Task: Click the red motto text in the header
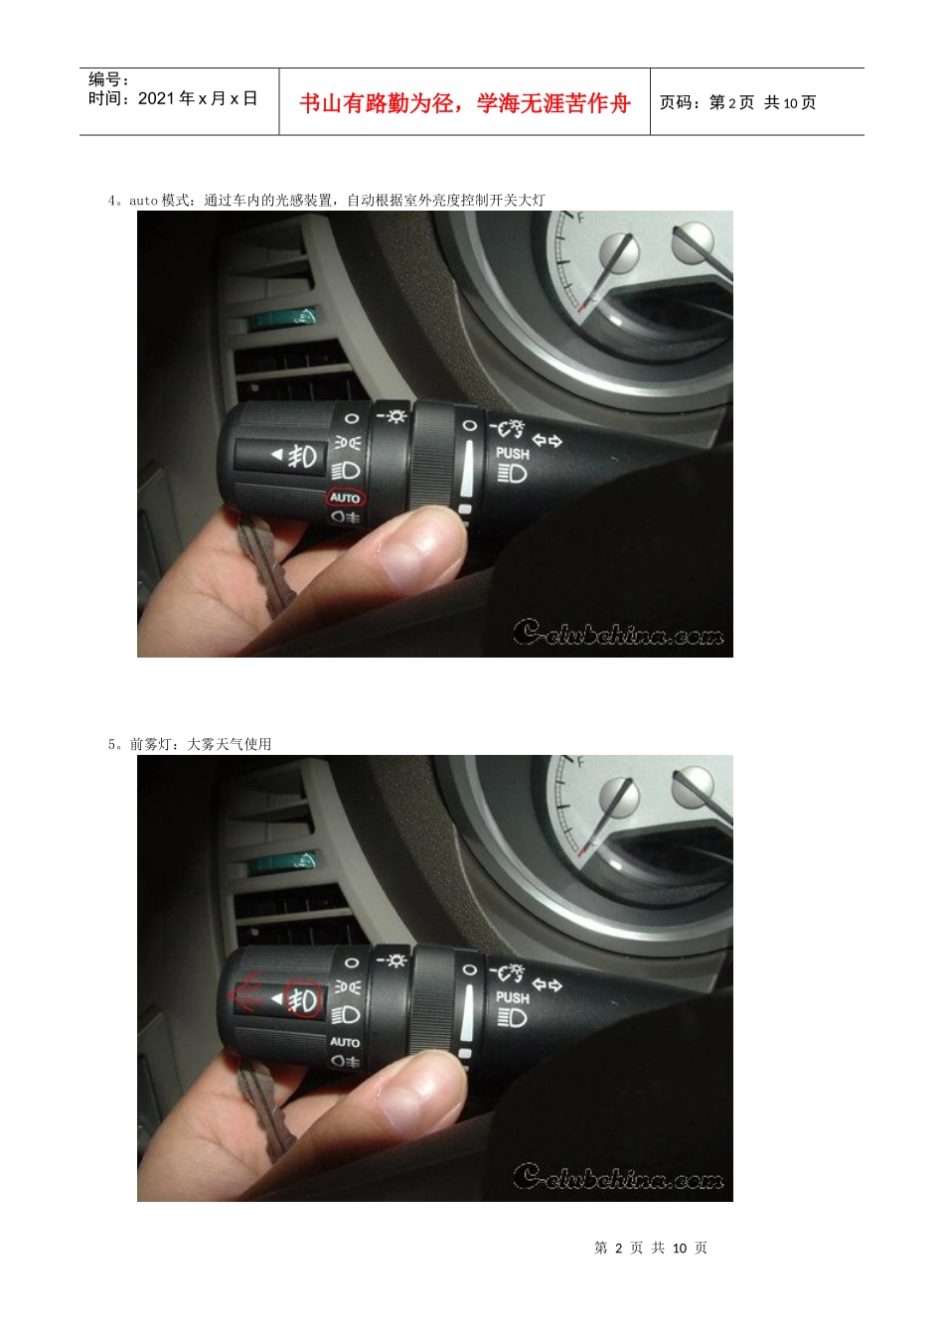pos(464,103)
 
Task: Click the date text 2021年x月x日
pos(198,98)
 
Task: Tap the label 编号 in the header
pos(104,78)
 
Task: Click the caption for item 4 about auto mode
pos(326,201)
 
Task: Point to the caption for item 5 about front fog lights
pos(190,744)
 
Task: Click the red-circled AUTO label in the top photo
pos(345,497)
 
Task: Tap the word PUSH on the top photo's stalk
pos(513,454)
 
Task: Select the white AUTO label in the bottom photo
pos(345,1041)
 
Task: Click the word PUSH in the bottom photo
pos(513,997)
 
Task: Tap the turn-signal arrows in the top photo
pos(547,440)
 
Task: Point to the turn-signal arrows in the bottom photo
pos(547,984)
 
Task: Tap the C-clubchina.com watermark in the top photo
pos(618,633)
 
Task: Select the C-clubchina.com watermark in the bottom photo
pos(618,1176)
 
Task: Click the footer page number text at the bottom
pos(650,1248)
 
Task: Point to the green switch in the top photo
pos(282,318)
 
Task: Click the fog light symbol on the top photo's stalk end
pos(302,457)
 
